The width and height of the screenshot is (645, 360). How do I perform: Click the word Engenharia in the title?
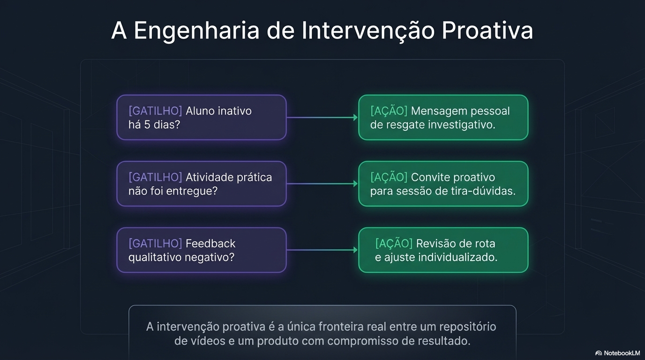tap(196, 31)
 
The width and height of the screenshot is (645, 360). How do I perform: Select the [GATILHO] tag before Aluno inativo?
tap(155, 111)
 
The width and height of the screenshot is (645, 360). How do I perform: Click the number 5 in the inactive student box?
tap(148, 125)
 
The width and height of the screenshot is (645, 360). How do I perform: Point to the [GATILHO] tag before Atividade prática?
tap(155, 177)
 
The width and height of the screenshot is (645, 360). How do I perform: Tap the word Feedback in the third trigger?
tap(210, 243)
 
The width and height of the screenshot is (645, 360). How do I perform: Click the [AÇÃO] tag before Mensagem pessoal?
tap(389, 111)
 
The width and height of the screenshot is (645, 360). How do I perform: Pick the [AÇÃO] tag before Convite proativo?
tap(389, 177)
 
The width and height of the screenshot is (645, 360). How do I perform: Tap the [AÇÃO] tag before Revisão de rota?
tap(394, 243)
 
